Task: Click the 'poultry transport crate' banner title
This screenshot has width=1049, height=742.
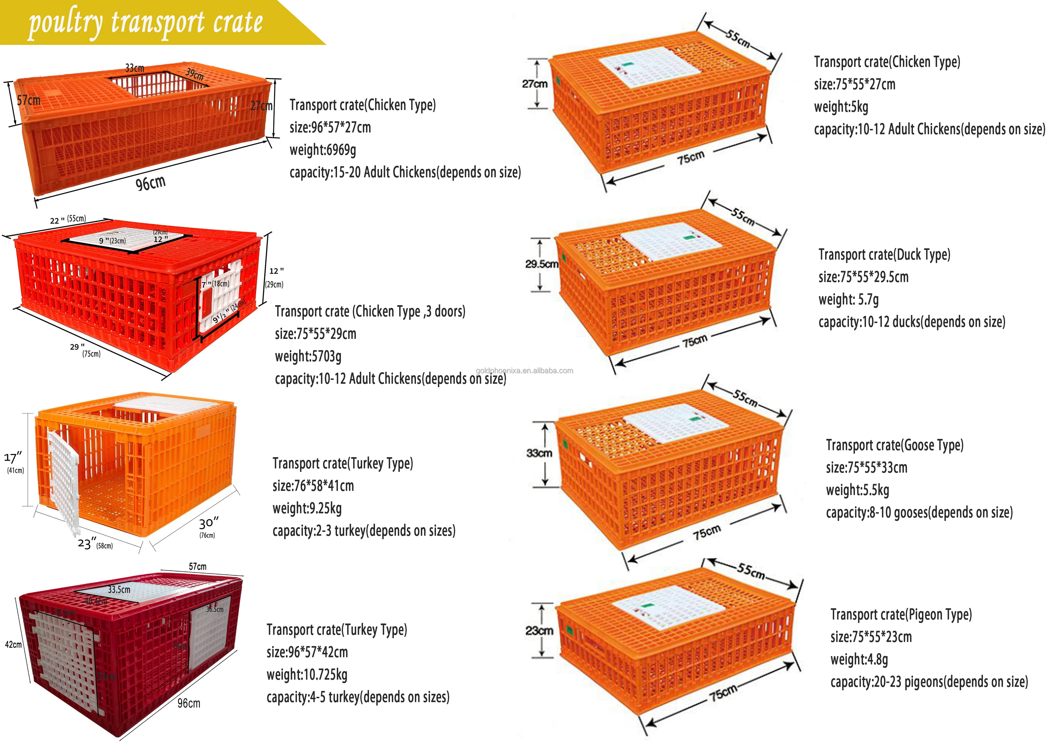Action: tap(145, 23)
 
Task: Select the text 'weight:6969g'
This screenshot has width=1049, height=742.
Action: tap(323, 150)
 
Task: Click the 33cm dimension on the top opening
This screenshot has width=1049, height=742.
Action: tap(135, 68)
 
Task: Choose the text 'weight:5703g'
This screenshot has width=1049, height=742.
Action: tap(308, 356)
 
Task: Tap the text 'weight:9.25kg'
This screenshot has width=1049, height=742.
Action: tap(307, 508)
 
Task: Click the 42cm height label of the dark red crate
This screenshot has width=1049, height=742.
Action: tap(13, 645)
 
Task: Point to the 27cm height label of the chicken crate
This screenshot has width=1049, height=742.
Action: tap(535, 84)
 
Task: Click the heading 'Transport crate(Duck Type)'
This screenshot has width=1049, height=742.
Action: tap(884, 255)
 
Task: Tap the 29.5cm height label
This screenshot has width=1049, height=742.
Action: tap(542, 264)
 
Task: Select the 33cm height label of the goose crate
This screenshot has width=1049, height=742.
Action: tap(539, 453)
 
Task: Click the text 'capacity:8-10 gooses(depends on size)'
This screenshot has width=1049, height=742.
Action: tap(919, 513)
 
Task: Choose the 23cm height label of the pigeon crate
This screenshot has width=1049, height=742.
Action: tap(539, 631)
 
